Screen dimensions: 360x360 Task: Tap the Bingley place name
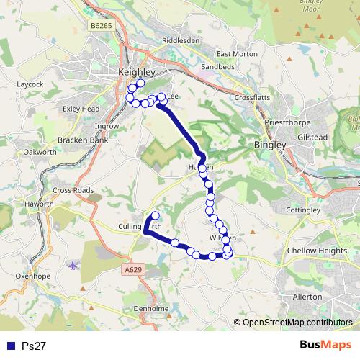pos(270,145)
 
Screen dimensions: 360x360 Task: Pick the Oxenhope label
pos(30,275)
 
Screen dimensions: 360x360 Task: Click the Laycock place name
pos(30,84)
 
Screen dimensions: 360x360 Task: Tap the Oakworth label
pos(40,153)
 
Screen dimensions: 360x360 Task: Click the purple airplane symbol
pos(72,265)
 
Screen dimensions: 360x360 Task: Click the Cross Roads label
pos(73,190)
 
